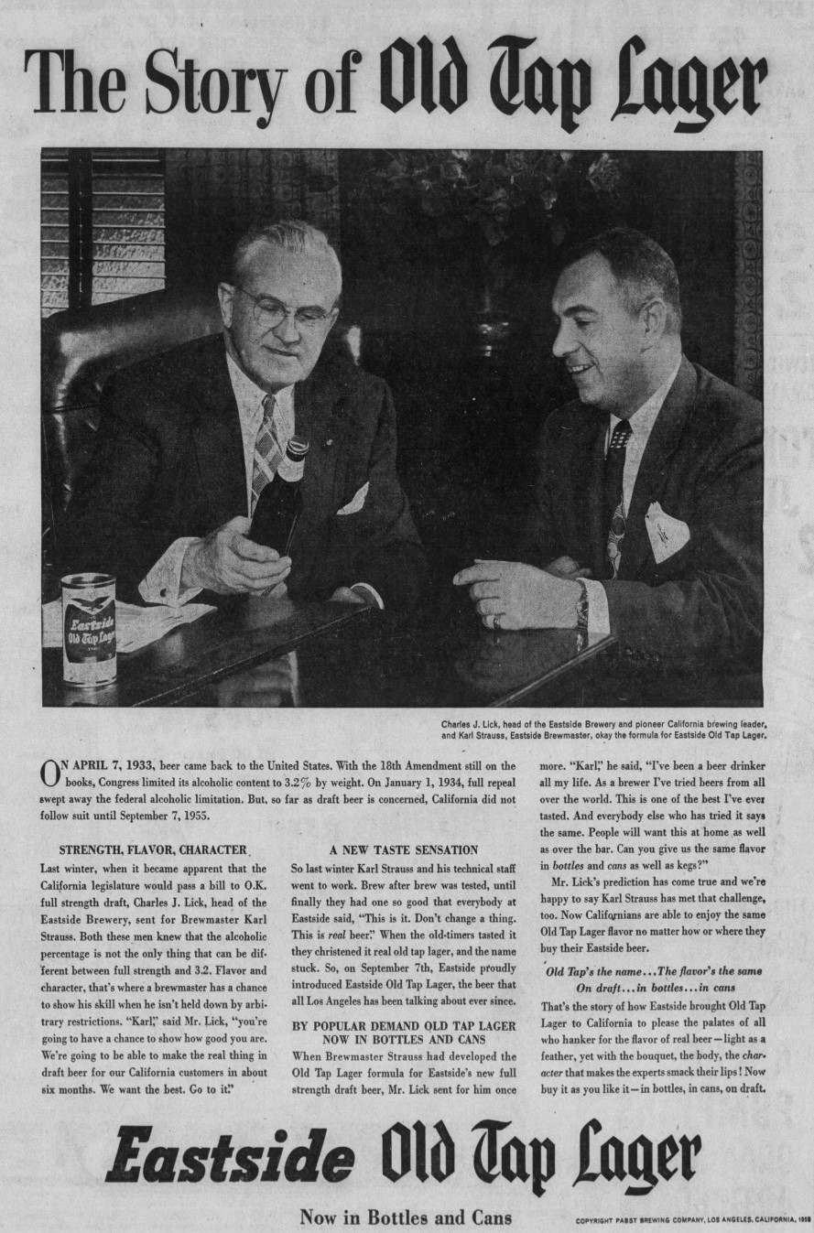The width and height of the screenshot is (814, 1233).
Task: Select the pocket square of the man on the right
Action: [666, 531]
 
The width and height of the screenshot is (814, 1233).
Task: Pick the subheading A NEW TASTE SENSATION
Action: [404, 849]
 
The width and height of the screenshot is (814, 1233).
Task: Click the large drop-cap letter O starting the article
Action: [51, 773]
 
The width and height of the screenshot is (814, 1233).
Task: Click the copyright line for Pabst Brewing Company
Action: [693, 1220]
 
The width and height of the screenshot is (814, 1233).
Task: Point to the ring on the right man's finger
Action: [495, 622]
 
